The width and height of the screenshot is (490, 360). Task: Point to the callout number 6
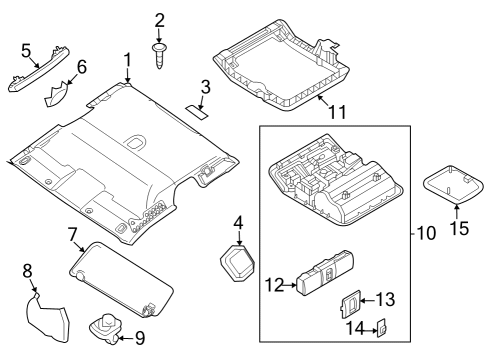pyautogui.click(x=82, y=67)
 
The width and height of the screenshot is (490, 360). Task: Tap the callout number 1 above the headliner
pyautogui.click(x=127, y=60)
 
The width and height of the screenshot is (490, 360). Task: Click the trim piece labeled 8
pyautogui.click(x=48, y=320)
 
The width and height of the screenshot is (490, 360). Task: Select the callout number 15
pyautogui.click(x=458, y=229)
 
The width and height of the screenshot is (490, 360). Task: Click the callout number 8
pyautogui.click(x=28, y=269)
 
